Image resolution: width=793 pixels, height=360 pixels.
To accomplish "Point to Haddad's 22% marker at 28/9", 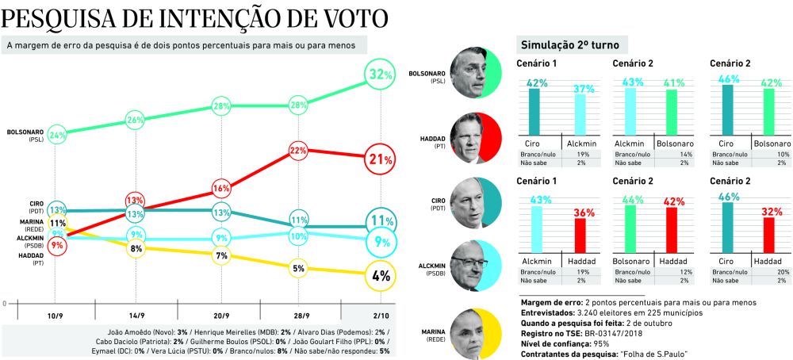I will (x=298, y=150).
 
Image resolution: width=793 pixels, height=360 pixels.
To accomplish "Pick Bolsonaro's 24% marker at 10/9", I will (x=57, y=136).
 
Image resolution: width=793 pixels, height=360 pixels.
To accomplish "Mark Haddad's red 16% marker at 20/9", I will (x=221, y=189).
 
